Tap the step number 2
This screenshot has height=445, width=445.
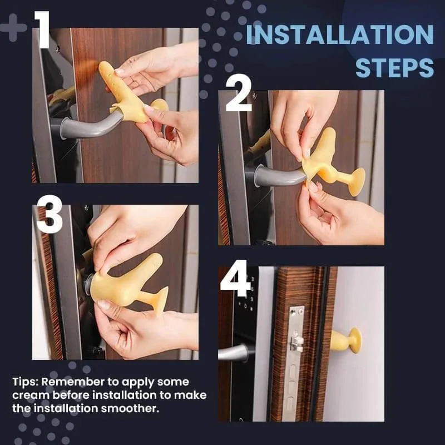pyautogui.click(x=239, y=95)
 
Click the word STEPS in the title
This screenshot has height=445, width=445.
pyautogui.click(x=394, y=67)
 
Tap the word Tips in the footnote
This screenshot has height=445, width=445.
pyautogui.click(x=25, y=382)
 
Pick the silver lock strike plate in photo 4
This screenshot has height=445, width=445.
pyautogui.click(x=295, y=356)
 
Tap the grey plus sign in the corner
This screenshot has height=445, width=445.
pyautogui.click(x=12, y=28)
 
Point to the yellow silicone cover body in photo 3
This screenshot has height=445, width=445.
pyautogui.click(x=120, y=284)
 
